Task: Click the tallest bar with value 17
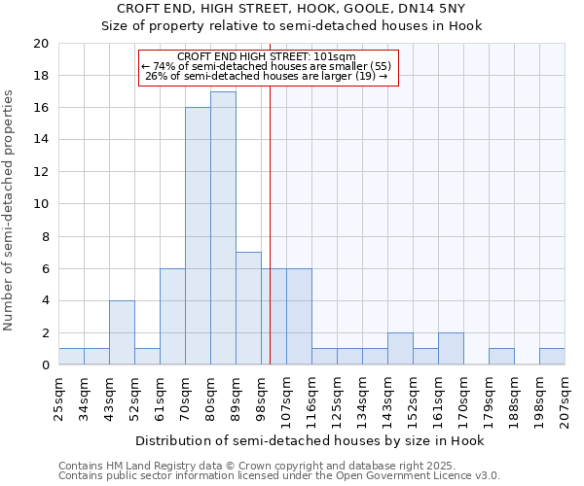(x=223, y=228)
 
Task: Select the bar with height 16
(x=198, y=236)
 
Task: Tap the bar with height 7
(x=248, y=308)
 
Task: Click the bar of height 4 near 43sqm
(x=122, y=332)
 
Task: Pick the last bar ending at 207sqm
(x=552, y=357)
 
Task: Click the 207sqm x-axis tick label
(x=565, y=399)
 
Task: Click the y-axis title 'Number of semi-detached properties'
(x=10, y=210)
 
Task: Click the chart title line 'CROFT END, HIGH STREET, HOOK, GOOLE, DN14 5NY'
(x=292, y=9)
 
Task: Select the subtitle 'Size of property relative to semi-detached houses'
(x=292, y=25)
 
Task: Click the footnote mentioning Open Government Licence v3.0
(x=279, y=476)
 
